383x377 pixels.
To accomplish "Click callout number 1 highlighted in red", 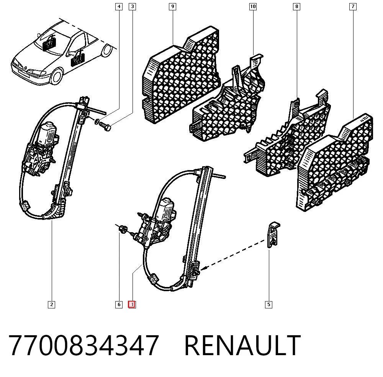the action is (x=132, y=305).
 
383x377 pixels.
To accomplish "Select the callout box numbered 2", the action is (x=51, y=305).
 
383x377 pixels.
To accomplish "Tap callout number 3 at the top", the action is (x=133, y=7).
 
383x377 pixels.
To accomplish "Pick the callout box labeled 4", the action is (x=119, y=7).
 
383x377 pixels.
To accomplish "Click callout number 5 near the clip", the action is (x=269, y=305).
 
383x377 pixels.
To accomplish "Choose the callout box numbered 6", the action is (x=119, y=305).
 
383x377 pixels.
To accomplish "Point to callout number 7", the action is (x=353, y=7).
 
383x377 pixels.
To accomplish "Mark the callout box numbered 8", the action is (x=296, y=7).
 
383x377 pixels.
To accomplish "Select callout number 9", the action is (x=173, y=7).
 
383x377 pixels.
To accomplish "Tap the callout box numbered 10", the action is (x=253, y=7).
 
